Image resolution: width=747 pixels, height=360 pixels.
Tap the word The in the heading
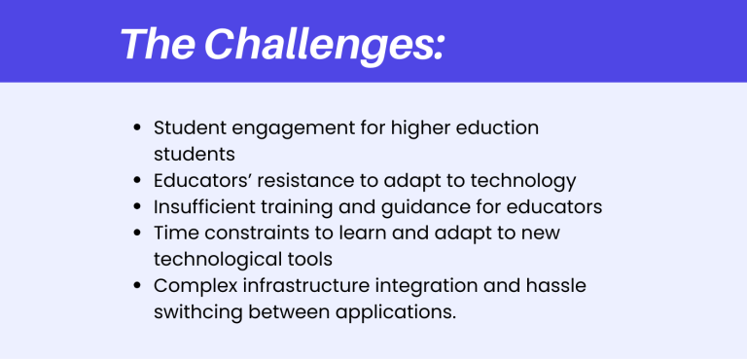[x=160, y=44]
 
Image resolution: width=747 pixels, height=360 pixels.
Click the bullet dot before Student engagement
[x=137, y=128]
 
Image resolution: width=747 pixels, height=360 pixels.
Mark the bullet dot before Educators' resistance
[x=137, y=181]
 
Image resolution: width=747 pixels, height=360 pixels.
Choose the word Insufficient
[x=199, y=206]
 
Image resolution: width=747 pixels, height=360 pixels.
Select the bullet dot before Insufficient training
[x=137, y=206]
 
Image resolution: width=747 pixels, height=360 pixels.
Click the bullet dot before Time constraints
[x=137, y=233]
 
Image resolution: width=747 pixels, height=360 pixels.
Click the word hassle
[x=558, y=285]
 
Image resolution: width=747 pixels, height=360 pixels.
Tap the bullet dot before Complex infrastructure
[x=137, y=285]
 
